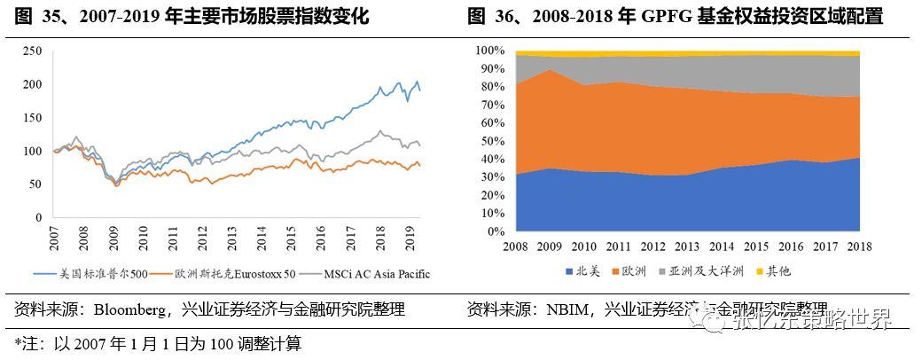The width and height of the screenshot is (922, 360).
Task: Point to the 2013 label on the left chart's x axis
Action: coord(231,240)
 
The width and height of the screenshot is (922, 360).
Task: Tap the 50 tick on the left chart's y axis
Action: coord(35,184)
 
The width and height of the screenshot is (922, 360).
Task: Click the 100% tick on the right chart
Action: coord(490,51)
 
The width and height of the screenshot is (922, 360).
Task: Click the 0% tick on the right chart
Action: coord(497,231)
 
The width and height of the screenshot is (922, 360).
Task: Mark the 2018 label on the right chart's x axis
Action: coord(859,246)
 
